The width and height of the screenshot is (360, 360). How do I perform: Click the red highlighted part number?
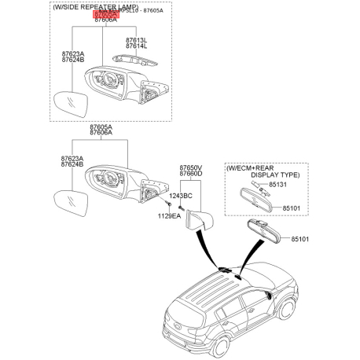[x=105, y=15]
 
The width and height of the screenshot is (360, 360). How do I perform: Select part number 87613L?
[x=136, y=39]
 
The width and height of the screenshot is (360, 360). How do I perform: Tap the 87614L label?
[x=136, y=46]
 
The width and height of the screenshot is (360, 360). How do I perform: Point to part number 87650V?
[x=190, y=168]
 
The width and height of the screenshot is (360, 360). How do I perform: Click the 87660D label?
[x=190, y=175]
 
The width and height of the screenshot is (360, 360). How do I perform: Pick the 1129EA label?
[x=168, y=215]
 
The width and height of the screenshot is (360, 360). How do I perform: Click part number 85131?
[x=279, y=185]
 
